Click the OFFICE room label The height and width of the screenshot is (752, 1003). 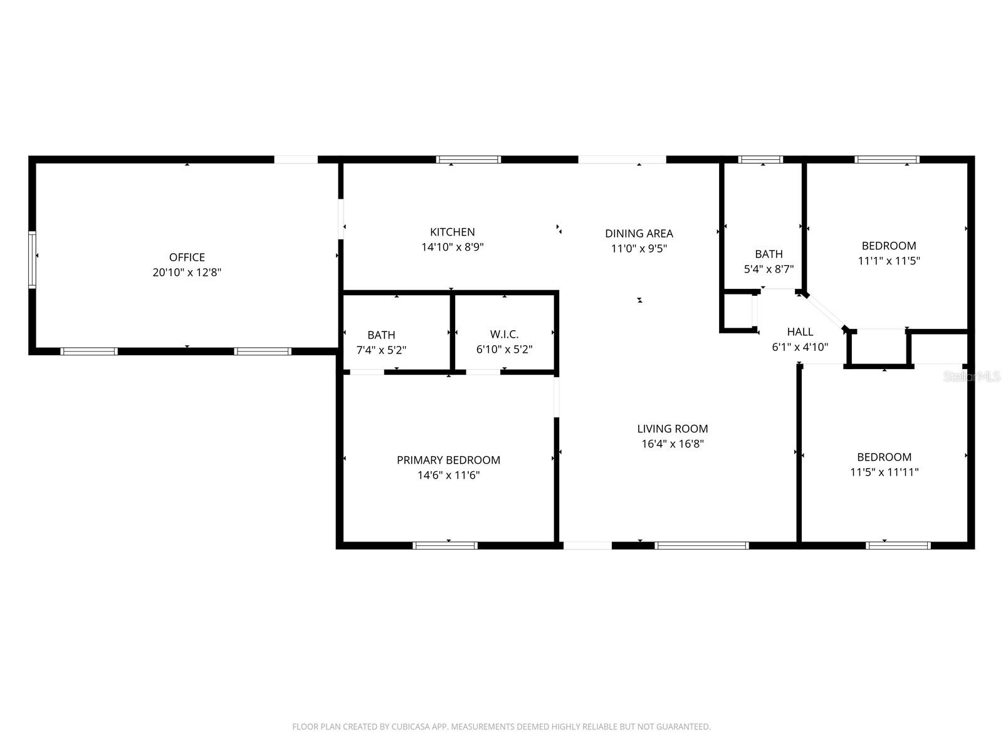(187, 257)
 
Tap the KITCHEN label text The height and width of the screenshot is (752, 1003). (453, 232)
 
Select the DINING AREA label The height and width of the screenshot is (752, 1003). (639, 233)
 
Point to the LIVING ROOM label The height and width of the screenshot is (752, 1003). (673, 429)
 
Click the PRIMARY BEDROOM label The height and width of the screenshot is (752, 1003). (448, 460)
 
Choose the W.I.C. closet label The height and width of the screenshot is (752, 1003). (504, 334)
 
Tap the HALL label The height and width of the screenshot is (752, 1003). (800, 332)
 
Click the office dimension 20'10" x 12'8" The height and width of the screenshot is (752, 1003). (187, 272)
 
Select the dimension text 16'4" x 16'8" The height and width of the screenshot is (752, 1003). (673, 444)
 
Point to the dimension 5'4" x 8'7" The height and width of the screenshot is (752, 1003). (769, 269)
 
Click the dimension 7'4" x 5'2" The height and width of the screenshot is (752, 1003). (381, 350)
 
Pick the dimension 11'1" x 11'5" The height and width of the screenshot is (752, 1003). (889, 261)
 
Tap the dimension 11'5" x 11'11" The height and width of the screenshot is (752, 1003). (884, 472)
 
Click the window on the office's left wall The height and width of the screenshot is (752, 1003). (32, 260)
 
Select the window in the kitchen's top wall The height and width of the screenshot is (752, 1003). (468, 159)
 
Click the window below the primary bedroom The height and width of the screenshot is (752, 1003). (445, 546)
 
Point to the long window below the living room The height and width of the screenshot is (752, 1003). (701, 546)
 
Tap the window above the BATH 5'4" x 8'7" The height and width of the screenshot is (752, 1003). (760, 159)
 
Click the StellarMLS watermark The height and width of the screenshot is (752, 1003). (972, 376)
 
